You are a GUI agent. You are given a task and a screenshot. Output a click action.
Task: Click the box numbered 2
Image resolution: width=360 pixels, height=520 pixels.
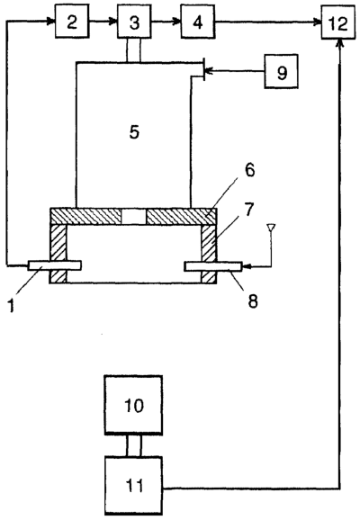[72, 22]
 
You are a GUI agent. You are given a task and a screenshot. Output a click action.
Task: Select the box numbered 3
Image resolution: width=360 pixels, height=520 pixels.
[134, 22]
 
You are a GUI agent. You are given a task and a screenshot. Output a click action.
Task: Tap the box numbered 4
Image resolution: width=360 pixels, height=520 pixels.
[197, 22]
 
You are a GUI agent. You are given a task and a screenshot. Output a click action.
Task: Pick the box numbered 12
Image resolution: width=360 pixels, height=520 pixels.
[338, 22]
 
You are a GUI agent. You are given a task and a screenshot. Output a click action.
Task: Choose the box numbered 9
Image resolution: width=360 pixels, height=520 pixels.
[281, 71]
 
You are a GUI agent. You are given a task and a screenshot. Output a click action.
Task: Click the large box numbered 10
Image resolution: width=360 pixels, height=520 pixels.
[133, 405]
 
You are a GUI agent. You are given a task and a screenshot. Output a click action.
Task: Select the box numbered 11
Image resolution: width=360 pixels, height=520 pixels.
[133, 486]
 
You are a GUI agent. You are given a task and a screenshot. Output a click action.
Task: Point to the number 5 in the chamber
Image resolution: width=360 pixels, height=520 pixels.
[134, 132]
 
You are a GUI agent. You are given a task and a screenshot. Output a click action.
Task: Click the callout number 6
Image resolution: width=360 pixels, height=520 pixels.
[249, 169]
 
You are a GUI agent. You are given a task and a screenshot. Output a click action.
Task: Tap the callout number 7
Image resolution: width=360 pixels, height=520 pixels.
[248, 210]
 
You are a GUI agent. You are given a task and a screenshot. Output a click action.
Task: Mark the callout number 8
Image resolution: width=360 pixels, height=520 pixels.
[253, 301]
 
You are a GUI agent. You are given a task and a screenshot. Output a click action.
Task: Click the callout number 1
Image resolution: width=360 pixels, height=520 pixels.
[12, 306]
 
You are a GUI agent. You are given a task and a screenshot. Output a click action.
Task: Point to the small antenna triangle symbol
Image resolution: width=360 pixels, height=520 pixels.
[271, 228]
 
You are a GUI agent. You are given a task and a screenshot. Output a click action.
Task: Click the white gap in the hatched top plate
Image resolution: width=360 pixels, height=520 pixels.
[133, 217]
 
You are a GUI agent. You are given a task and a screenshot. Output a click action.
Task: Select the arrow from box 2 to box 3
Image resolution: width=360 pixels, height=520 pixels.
[103, 22]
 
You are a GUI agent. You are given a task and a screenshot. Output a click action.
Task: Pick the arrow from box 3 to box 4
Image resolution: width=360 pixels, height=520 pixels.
[166, 22]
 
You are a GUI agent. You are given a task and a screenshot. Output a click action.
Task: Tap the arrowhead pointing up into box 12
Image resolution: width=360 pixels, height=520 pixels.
[339, 43]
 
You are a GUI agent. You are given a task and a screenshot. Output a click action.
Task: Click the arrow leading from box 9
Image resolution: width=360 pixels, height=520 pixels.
[235, 71]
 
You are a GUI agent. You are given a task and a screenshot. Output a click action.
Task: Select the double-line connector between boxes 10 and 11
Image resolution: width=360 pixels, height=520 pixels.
[134, 445]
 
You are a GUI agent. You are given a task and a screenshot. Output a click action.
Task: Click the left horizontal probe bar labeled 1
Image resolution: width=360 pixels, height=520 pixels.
[54, 265]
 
